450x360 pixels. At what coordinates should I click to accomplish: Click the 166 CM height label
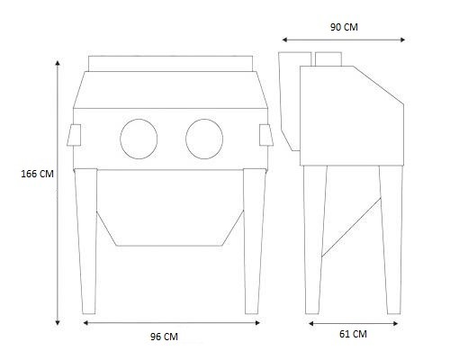coord(37,174)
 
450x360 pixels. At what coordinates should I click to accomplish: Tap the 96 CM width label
coord(164,337)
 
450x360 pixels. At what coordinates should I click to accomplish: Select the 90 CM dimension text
coord(344,27)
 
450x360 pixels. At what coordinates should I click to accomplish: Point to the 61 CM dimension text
coord(353,334)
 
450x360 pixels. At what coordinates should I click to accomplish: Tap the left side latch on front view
coord(74,135)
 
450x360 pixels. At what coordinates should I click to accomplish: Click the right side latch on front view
coord(266,135)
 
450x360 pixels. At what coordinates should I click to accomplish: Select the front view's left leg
coord(86,241)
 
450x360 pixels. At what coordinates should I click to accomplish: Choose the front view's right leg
coord(254,241)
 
